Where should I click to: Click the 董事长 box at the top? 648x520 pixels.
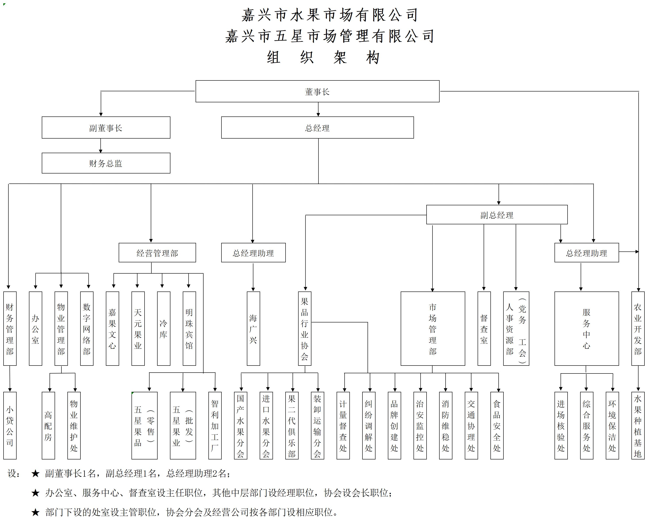[x=317, y=91]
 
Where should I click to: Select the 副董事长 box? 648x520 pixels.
[x=106, y=128]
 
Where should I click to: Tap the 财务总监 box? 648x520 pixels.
[x=106, y=163]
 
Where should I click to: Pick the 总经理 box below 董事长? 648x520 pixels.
[x=317, y=128]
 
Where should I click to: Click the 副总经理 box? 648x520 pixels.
[x=497, y=215]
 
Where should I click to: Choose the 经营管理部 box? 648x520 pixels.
[x=157, y=253]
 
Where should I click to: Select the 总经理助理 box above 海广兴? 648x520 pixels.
[x=253, y=253]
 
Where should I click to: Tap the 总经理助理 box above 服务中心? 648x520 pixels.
[x=586, y=253]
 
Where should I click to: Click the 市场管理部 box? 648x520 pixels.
[x=433, y=329]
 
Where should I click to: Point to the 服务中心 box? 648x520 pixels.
[x=586, y=329]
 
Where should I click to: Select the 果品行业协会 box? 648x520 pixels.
[x=305, y=329]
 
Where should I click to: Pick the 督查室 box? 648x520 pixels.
[x=484, y=329]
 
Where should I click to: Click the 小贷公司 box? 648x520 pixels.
[x=10, y=426]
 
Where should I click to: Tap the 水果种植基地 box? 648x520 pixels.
[x=638, y=426]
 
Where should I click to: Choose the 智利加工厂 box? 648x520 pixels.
[x=215, y=426]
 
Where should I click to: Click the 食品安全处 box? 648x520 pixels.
[x=497, y=426]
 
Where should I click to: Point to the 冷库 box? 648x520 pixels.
[x=164, y=329]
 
